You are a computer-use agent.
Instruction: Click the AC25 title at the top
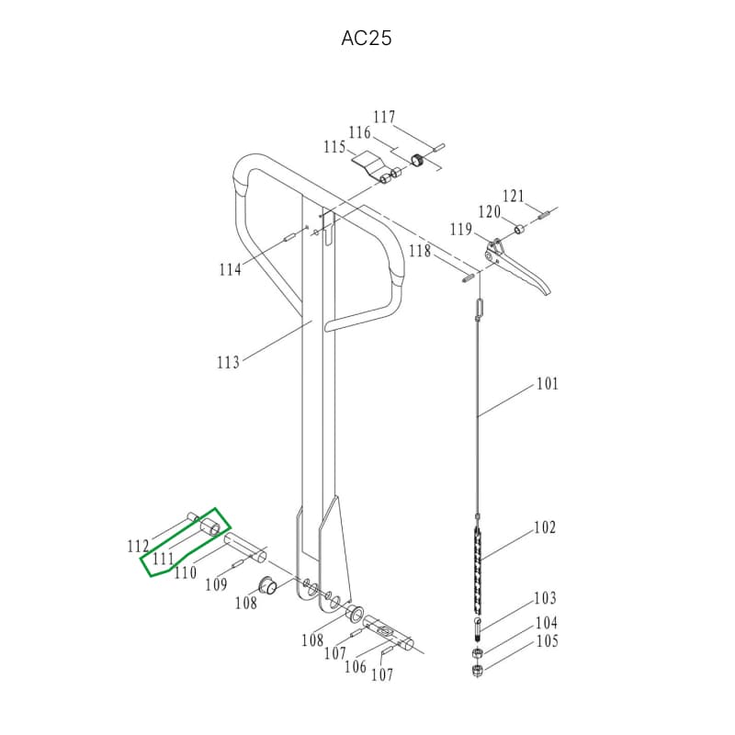(x=366, y=38)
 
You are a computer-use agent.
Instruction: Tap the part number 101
(x=548, y=384)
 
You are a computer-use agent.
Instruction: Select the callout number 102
(x=545, y=527)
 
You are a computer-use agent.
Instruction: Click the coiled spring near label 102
(x=478, y=570)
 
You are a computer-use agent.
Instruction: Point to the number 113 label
(x=228, y=362)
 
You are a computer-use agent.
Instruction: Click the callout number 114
(x=231, y=269)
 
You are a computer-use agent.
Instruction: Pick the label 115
(x=334, y=147)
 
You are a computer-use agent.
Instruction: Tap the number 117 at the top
(x=384, y=117)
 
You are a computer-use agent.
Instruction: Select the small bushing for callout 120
(x=520, y=229)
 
